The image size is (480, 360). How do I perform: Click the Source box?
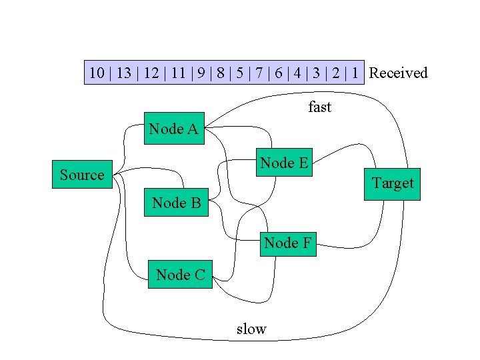coord(83,174)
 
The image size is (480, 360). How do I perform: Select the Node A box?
coord(174,128)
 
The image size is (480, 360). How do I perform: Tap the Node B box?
coord(176,203)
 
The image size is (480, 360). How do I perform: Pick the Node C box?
coord(180,274)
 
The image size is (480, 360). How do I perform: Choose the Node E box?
coord(285,162)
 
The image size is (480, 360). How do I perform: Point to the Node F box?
coord(288,244)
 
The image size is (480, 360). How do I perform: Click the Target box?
coord(392,184)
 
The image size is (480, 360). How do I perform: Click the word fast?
coord(319,107)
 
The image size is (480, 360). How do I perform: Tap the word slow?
coord(251,329)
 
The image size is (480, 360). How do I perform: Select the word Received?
coord(398,73)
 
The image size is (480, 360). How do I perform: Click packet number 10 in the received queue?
coord(97,73)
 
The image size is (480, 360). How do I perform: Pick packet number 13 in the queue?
coord(124,73)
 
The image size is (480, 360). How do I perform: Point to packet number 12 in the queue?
coord(151,73)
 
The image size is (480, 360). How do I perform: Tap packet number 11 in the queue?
coord(179,73)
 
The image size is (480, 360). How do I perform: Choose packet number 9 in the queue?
coord(201,73)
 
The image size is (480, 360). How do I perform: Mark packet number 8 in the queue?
coord(221,73)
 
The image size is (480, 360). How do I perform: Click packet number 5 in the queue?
coord(240,73)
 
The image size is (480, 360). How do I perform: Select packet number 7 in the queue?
coord(259,73)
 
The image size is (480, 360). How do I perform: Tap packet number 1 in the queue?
coord(355,73)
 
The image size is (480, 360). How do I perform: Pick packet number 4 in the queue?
coord(297,73)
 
